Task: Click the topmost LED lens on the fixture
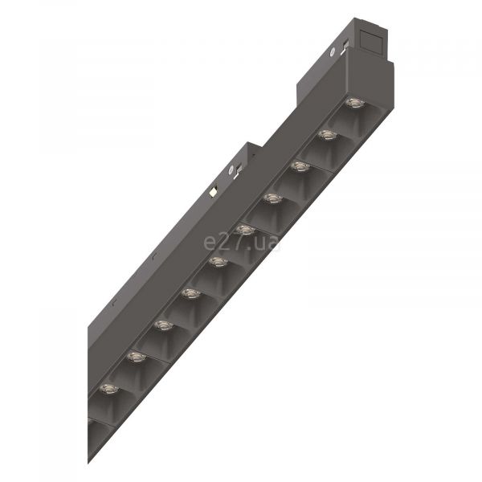[355, 103]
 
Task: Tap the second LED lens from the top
[328, 135]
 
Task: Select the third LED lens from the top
[300, 166]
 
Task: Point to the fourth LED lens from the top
[273, 198]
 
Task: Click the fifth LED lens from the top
[246, 230]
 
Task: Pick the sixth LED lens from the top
[219, 262]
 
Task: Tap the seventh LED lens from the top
[191, 293]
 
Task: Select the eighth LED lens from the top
[164, 325]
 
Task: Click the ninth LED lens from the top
[137, 357]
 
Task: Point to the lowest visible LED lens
[109, 389]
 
